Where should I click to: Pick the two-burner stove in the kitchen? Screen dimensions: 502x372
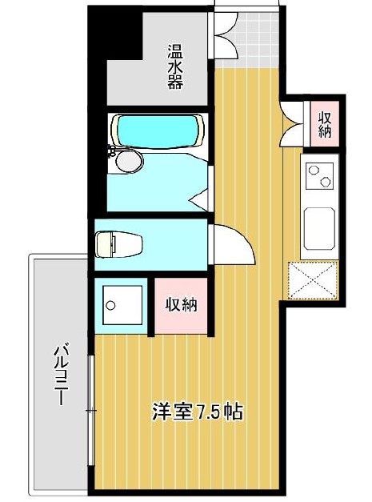point(319,175)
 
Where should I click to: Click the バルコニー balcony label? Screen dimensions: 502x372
point(60,374)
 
